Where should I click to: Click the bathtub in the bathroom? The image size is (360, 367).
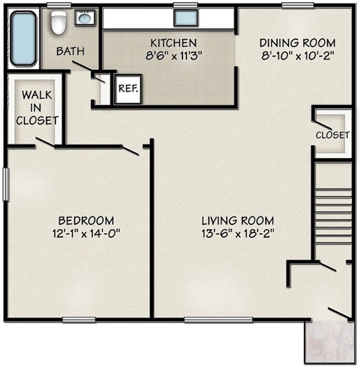[x=23, y=39]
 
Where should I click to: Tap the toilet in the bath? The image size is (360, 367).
[x=58, y=22]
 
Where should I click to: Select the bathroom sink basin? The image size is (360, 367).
[x=85, y=18]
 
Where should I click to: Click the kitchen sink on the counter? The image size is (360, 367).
[x=186, y=18]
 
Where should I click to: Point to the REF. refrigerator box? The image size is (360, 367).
[x=128, y=89]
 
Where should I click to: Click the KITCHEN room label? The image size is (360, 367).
[x=173, y=43]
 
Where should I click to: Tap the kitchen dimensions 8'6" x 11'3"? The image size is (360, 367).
[x=173, y=56]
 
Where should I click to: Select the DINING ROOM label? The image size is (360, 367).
[x=297, y=43]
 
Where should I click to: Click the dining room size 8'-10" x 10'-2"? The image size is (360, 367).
[x=297, y=56]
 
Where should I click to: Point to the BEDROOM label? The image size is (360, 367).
[x=86, y=220]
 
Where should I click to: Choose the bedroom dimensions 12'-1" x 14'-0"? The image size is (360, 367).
[x=86, y=234]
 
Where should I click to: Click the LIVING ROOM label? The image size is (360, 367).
[x=238, y=220]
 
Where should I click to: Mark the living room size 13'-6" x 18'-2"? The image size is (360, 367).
[x=238, y=234]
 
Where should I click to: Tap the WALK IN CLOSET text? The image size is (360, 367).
[x=37, y=108]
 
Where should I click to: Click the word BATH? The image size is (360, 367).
[x=70, y=51]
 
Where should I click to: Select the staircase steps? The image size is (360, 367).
[x=333, y=217]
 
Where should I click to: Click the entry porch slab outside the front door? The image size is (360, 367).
[x=330, y=342]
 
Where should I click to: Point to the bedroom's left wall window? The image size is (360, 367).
[x=6, y=184]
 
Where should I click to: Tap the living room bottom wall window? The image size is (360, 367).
[x=218, y=320]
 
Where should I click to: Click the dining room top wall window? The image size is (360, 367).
[x=298, y=5]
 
